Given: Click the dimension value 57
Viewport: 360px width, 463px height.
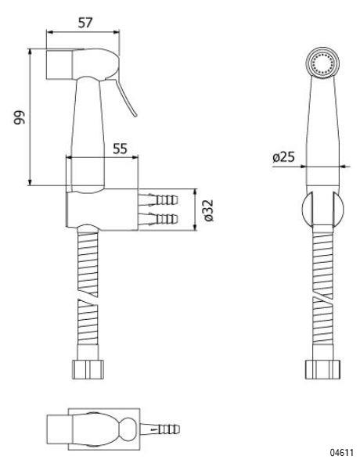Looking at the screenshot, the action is coord(85,23).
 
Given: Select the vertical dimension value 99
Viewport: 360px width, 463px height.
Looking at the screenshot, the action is coord(20,117).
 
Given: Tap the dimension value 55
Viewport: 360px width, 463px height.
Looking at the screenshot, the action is coord(120,149).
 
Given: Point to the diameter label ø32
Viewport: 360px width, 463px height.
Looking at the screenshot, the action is coord(209,210).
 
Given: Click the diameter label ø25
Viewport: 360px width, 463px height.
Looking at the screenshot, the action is coord(284,157).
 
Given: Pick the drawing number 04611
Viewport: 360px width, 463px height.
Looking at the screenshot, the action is coord(342,452).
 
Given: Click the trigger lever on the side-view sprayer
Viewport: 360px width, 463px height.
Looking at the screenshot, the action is coord(126,96).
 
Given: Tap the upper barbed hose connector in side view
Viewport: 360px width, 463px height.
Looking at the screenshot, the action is coord(158,200).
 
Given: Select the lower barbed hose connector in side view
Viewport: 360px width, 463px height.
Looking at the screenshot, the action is coord(158,219).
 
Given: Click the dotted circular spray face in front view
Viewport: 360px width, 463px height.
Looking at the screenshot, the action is coord(322,63).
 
